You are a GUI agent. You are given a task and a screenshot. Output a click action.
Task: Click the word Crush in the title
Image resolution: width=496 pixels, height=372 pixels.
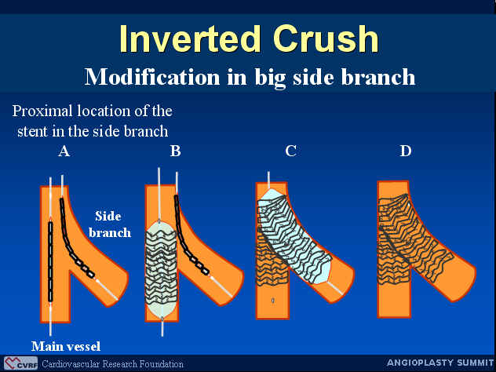(326, 39)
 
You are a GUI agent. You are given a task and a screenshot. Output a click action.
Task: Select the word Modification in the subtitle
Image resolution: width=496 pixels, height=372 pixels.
(152, 77)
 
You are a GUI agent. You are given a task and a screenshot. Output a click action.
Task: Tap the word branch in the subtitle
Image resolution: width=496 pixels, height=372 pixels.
(378, 77)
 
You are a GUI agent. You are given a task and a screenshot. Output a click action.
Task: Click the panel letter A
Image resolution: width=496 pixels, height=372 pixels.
(64, 151)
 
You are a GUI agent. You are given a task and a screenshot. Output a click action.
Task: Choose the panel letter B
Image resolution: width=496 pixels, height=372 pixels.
(176, 151)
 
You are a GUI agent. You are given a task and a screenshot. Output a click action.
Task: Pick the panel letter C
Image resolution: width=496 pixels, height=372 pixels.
(290, 151)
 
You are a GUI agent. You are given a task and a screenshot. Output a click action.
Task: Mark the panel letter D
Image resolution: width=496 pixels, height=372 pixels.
(406, 151)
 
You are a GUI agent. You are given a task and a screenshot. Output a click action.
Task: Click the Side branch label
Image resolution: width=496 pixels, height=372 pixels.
(109, 224)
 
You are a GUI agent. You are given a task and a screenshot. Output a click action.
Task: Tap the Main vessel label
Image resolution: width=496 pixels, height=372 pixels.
(66, 346)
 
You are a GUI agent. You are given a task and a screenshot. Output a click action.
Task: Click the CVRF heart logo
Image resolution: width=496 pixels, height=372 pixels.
(20, 363)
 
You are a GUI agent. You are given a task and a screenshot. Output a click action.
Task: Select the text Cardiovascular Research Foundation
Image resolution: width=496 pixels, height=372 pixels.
(112, 364)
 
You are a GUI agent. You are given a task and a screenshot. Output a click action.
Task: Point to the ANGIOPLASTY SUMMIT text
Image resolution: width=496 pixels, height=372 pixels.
(440, 363)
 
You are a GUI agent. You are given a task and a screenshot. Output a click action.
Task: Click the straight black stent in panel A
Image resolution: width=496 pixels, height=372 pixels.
(50, 261)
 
